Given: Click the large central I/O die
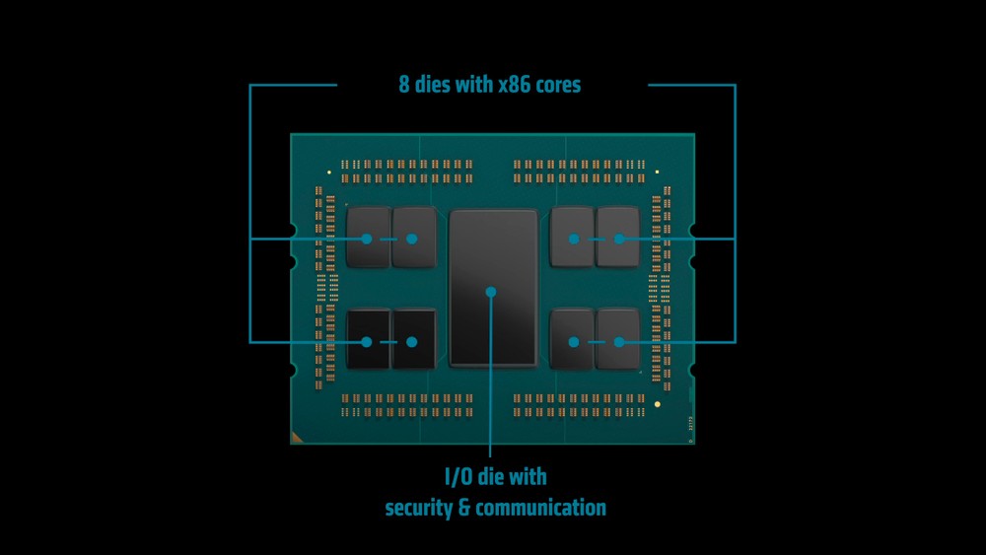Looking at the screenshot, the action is tap(494, 288).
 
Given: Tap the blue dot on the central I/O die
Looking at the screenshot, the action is tap(491, 292).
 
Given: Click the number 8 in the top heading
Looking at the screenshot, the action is tap(403, 84).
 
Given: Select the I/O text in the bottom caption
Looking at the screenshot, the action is tap(459, 477).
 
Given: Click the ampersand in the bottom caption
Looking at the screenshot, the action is tap(464, 508).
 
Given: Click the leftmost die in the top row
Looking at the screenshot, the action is tap(369, 238).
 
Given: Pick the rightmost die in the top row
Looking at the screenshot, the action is tap(618, 237).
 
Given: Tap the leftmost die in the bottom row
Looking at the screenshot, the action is tap(369, 339).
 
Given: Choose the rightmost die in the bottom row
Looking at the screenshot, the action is tap(618, 339).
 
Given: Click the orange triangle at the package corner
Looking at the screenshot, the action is tap(296, 438).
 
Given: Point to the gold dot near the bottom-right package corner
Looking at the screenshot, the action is tap(657, 404).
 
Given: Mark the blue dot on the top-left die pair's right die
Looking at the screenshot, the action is tap(412, 239).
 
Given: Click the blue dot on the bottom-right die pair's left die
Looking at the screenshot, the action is tap(574, 342).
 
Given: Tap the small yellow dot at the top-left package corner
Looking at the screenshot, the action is tap(329, 173).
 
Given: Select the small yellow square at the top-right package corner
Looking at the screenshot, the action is tap(657, 172).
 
